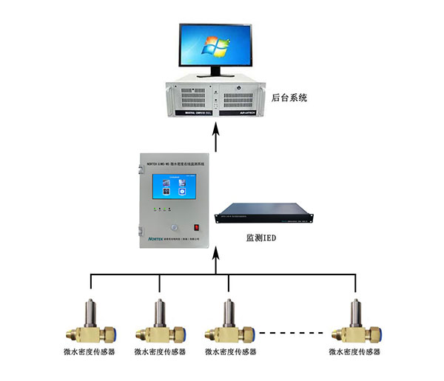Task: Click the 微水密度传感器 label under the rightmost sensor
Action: click(357, 351)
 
